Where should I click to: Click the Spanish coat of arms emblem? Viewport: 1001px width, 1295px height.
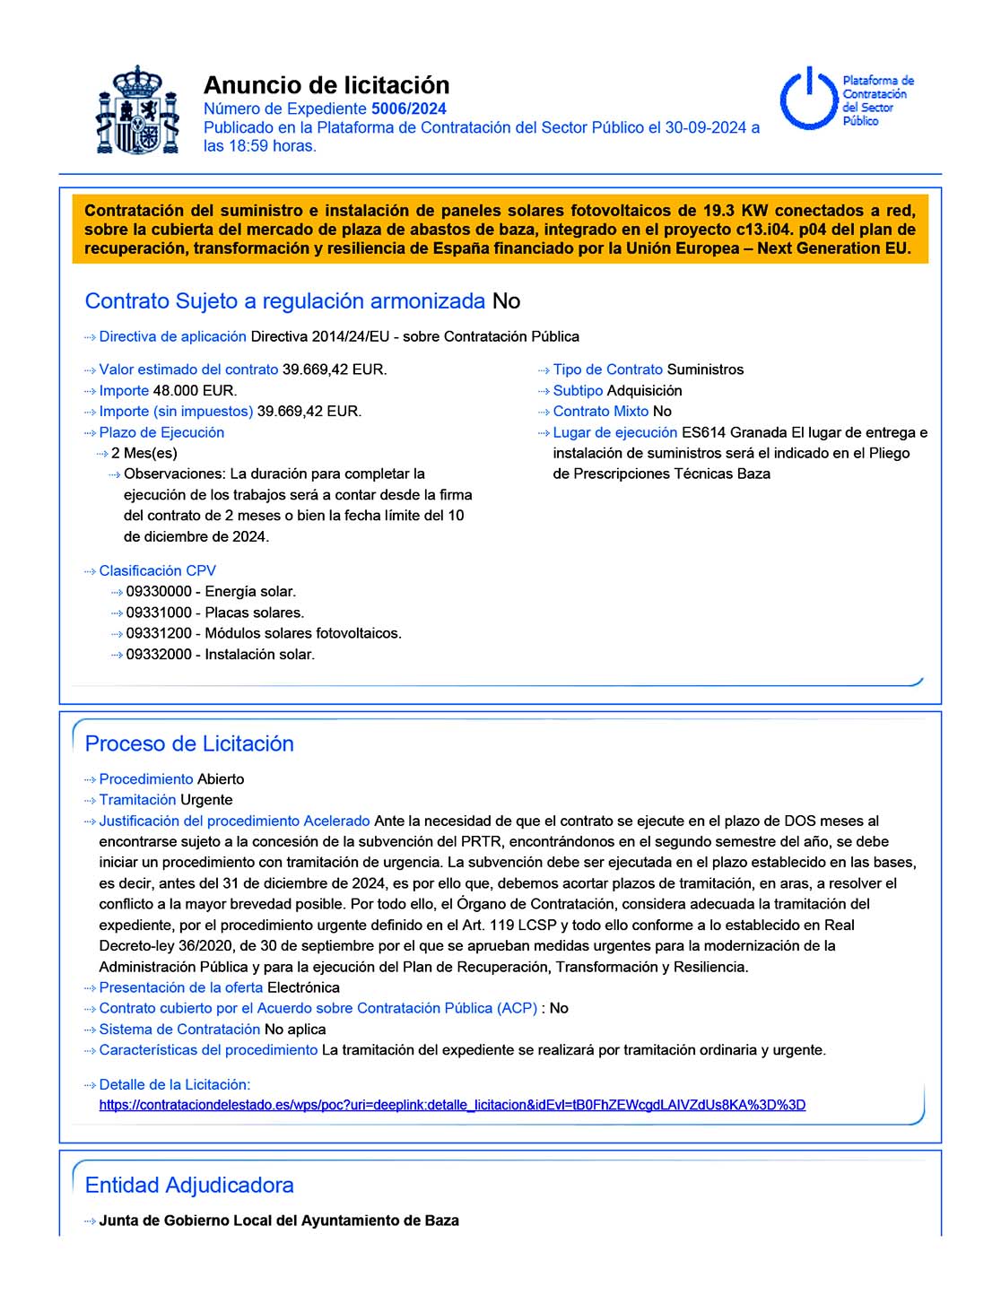point(137,110)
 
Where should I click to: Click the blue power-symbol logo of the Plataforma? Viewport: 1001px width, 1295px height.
point(809,98)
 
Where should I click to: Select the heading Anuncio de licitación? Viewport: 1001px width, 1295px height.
point(326,85)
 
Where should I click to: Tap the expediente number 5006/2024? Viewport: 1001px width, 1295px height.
point(408,109)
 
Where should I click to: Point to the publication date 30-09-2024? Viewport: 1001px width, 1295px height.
point(706,127)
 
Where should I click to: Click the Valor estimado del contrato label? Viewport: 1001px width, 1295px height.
point(188,369)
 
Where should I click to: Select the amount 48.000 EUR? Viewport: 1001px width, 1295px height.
point(195,391)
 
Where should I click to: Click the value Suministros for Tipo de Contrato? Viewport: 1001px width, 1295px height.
point(705,369)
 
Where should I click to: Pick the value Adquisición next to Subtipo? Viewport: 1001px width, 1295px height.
point(644,391)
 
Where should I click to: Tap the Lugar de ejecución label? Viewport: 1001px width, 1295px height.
point(614,432)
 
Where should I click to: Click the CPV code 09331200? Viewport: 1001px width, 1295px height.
point(159,633)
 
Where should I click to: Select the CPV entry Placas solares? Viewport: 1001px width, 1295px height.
point(254,613)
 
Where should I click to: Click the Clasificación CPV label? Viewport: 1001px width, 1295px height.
point(157,570)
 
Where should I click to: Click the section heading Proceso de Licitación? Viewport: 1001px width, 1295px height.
point(189,743)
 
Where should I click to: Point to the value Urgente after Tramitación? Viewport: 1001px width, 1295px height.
point(206,800)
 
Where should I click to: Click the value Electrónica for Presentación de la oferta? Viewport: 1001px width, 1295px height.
point(303,987)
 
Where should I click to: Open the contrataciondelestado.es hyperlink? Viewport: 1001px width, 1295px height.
point(452,1105)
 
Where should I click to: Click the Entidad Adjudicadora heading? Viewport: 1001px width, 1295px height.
point(189,1185)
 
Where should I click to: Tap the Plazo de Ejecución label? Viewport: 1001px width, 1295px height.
point(161,432)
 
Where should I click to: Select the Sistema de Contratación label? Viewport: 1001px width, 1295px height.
point(179,1030)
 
